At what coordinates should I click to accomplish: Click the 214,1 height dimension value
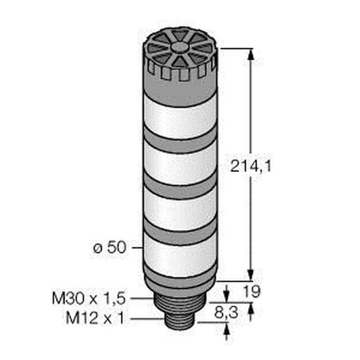[251, 166]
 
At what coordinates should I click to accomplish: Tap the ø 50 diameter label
[110, 247]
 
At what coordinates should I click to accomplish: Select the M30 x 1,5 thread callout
[89, 298]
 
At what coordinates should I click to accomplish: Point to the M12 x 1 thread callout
[95, 318]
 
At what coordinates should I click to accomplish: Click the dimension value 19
[252, 291]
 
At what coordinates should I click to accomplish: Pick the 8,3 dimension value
[226, 312]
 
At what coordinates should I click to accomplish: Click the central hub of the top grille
[180, 47]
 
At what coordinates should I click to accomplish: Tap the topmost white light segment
[180, 117]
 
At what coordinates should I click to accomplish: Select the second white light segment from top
[180, 164]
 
